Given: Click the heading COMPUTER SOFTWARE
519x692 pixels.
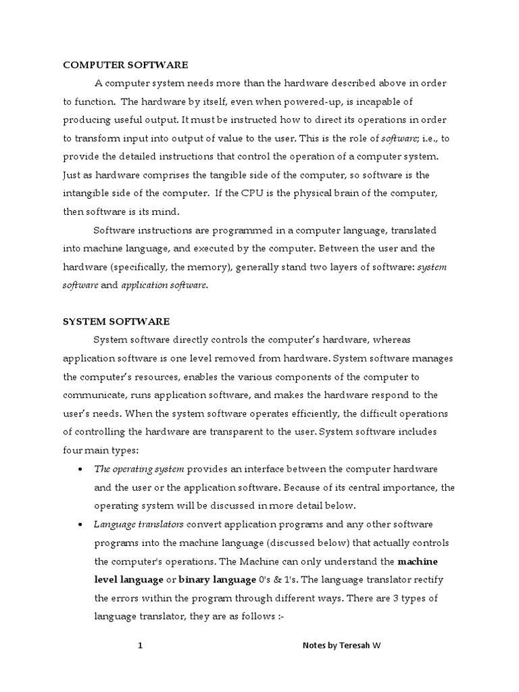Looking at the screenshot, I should (125, 65).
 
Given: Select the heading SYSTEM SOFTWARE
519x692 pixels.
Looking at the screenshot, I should (116, 322).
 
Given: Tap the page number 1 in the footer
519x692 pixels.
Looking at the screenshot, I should (141, 646).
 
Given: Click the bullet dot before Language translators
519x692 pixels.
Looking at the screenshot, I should (81, 525).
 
